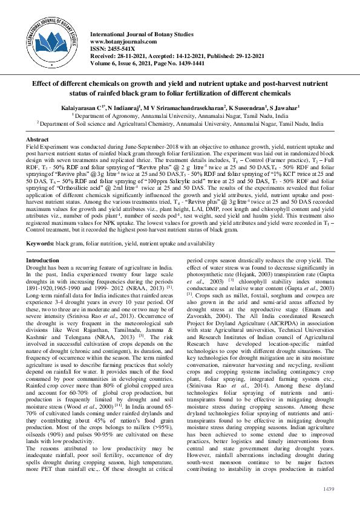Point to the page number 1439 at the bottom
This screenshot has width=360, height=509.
pos(329,488)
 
